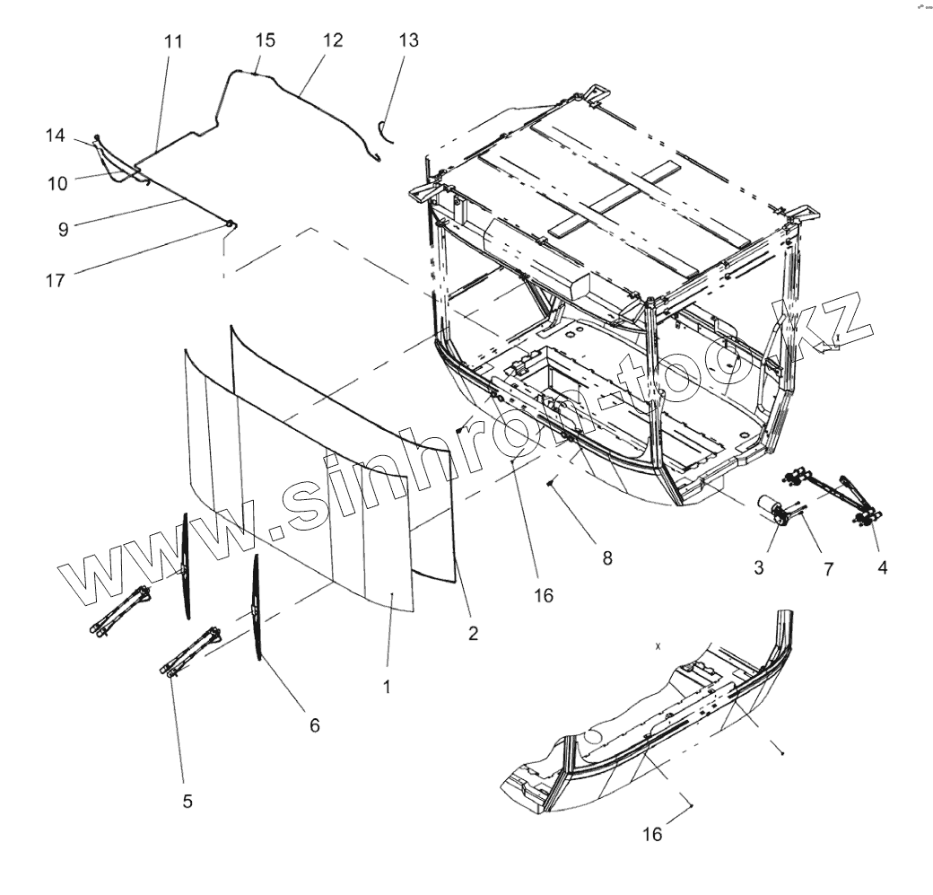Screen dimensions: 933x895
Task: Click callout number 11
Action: pyautogui.click(x=173, y=42)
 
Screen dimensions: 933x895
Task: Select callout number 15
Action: pyautogui.click(x=265, y=40)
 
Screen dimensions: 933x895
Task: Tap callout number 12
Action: pyautogui.click(x=333, y=40)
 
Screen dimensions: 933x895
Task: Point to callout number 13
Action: pyautogui.click(x=408, y=40)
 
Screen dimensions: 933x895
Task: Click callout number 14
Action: pyautogui.click(x=56, y=136)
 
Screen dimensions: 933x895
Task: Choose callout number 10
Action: pyautogui.click(x=57, y=183)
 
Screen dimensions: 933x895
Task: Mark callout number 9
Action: pyautogui.click(x=63, y=230)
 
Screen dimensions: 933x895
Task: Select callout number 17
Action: pyautogui.click(x=56, y=280)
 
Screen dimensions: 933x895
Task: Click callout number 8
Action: pyautogui.click(x=607, y=557)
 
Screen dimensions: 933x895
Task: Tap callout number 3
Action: pyautogui.click(x=759, y=567)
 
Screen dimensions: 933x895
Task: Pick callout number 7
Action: pyautogui.click(x=828, y=568)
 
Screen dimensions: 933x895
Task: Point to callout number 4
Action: pyautogui.click(x=883, y=567)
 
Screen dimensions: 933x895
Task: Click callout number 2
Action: pyautogui.click(x=473, y=633)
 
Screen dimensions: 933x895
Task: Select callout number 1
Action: pyautogui.click(x=387, y=687)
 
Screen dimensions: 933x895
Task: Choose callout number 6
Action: pyautogui.click(x=314, y=724)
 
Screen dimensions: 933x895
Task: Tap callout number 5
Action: pyautogui.click(x=187, y=802)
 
